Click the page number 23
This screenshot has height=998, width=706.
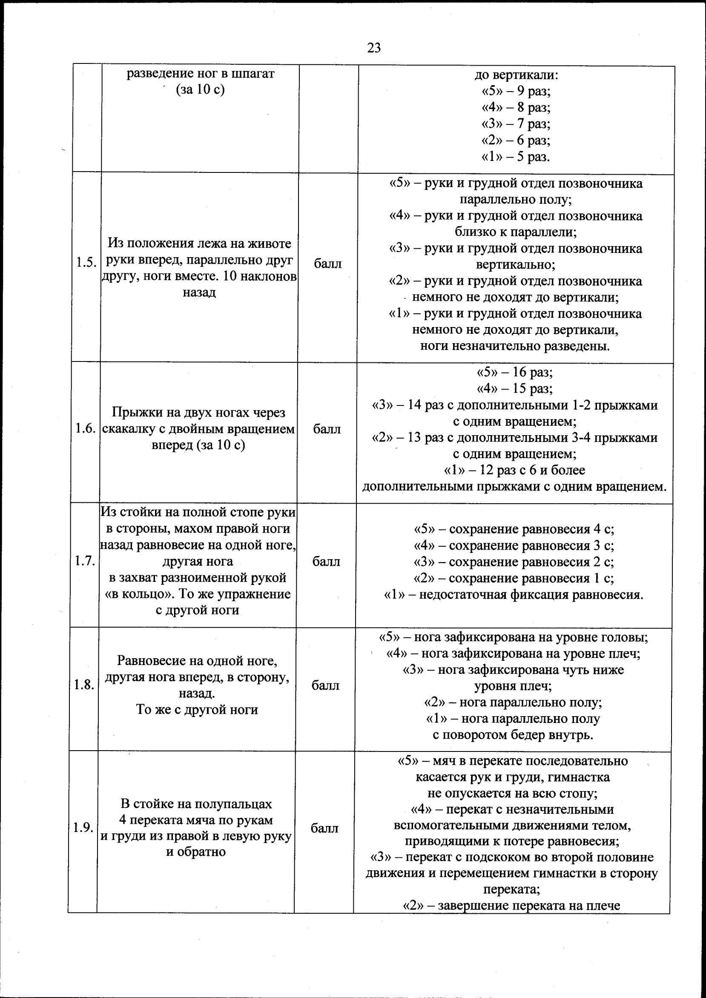tap(374, 48)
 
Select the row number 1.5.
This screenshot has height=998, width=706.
tap(86, 263)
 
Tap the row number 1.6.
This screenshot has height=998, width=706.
tap(85, 429)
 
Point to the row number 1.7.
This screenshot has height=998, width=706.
tap(84, 561)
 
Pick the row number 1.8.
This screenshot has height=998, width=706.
tap(84, 685)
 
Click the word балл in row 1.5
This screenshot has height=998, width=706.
tap(328, 264)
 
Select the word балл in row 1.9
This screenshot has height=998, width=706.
tap(324, 829)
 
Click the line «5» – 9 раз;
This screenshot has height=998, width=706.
tap(516, 91)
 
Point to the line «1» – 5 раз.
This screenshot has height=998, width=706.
tap(516, 157)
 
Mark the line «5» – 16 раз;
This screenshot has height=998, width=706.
tap(515, 372)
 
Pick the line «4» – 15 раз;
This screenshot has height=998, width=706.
tap(515, 388)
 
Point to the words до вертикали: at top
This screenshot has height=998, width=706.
tap(516, 75)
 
